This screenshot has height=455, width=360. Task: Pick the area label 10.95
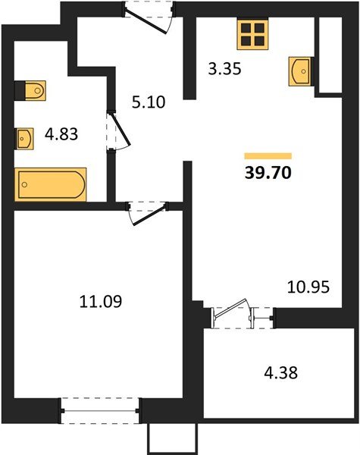[306, 287]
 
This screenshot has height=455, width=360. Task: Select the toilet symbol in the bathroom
[32, 90]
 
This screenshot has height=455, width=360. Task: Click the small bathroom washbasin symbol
[25, 139]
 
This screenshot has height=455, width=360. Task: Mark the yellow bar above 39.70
[268, 155]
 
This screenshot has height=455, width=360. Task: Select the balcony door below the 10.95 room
[230, 312]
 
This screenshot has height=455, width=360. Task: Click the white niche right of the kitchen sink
[328, 52]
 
